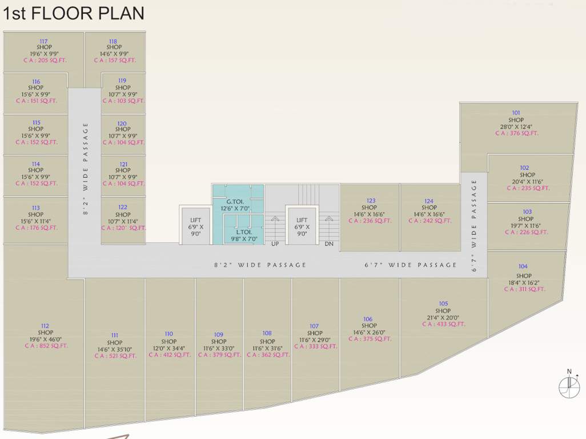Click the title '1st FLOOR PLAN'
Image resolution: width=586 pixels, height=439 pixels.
[74, 13]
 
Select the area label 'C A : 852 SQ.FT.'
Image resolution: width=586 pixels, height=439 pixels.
[46, 345]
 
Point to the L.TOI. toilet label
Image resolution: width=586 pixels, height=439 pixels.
[244, 232]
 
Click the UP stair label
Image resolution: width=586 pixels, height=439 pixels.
[274, 244]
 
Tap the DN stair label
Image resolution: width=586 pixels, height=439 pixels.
[329, 244]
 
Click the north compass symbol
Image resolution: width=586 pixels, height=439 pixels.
[569, 386]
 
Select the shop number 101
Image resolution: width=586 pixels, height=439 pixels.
[516, 113]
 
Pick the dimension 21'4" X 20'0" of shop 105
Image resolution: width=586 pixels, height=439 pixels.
[444, 317]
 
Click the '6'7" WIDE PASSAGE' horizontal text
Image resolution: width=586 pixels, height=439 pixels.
[411, 265]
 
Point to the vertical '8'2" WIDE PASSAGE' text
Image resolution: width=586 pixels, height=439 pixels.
[86, 168]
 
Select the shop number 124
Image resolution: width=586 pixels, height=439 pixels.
[429, 201]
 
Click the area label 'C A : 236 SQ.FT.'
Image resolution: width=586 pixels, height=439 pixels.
[370, 221]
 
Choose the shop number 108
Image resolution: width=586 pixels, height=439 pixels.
[267, 333]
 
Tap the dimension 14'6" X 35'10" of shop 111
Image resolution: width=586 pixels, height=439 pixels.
[115, 349]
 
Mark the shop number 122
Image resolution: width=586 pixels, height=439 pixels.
[123, 207]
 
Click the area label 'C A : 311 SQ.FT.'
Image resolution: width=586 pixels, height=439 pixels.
[524, 289]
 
